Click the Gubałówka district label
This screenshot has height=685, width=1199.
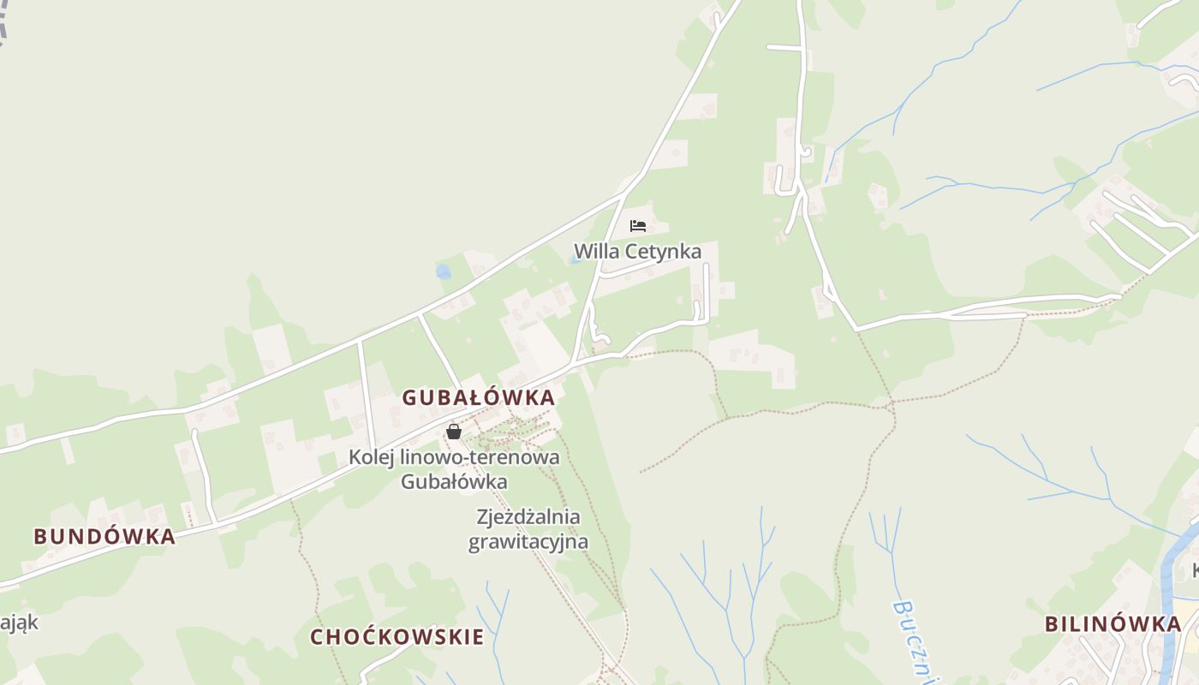[x=479, y=397]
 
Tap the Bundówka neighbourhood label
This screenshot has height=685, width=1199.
[x=104, y=537]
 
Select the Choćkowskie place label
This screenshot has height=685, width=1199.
[x=397, y=637]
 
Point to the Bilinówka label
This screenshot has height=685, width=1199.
[x=1113, y=623]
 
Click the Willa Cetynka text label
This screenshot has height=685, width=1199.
[x=637, y=252]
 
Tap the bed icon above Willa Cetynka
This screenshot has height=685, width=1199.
[x=637, y=226]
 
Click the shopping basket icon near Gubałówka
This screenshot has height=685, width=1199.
[x=454, y=432]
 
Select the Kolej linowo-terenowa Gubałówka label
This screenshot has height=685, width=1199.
[x=454, y=469]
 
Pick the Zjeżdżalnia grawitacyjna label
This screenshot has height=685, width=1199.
[x=528, y=529]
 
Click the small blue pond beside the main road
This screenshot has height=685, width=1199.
[x=443, y=272]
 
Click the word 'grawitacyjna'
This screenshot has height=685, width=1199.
[x=528, y=542]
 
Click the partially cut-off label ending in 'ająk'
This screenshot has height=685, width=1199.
[x=19, y=622]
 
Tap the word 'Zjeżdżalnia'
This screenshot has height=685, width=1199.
[x=528, y=517]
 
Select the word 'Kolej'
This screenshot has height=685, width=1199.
[x=371, y=457]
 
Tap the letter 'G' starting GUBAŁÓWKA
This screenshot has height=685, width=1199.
[x=409, y=397]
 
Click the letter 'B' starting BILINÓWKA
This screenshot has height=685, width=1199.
[x=1051, y=623]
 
